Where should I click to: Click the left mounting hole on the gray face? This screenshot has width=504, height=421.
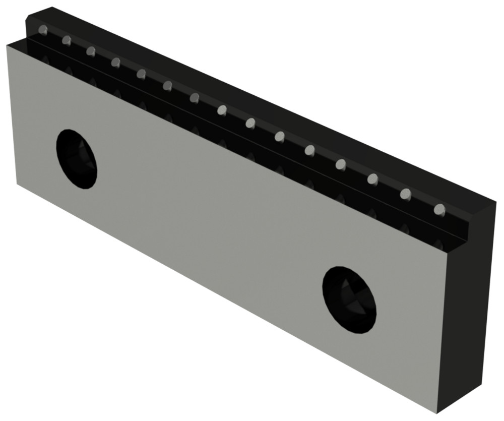[x=77, y=159]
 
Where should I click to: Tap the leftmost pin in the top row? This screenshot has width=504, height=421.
[x=44, y=30]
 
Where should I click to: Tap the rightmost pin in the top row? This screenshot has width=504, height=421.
[x=439, y=209]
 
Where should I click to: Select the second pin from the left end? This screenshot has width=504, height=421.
[x=67, y=40]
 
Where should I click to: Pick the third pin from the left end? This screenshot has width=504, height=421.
[x=91, y=51]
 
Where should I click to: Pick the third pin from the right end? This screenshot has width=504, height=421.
[x=373, y=178]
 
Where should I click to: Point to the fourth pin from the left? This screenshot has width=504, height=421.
[x=115, y=62]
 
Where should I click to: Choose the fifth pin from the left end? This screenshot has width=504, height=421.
[x=141, y=74]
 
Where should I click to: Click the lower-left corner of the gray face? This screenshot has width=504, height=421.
[x=17, y=184]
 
